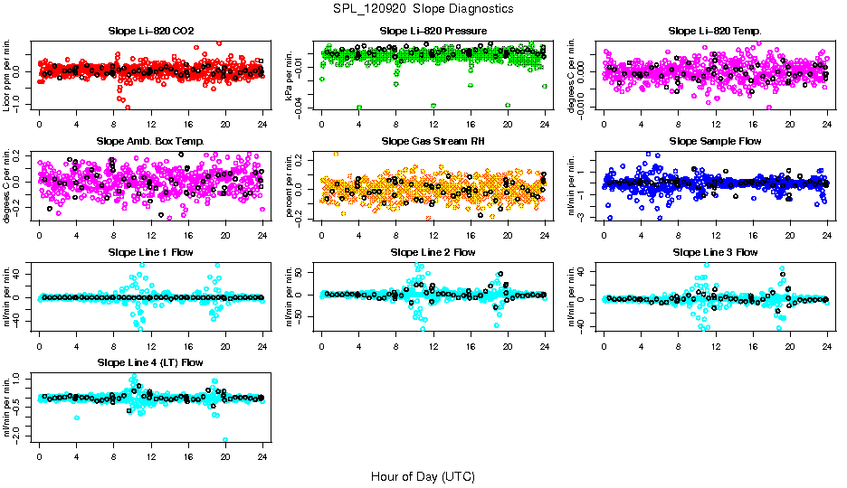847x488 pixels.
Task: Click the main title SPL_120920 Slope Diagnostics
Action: pos(423,8)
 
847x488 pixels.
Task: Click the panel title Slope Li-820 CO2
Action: pos(150,31)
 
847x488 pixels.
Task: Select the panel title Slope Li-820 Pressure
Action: pos(433,31)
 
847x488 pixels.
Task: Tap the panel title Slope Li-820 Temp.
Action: pos(715,31)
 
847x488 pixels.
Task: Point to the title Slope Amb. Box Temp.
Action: pos(150,141)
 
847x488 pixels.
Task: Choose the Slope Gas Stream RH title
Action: pos(433,141)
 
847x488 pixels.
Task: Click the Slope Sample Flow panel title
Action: pos(715,141)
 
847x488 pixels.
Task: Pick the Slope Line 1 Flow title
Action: pos(150,252)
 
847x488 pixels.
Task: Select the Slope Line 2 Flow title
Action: pos(433,252)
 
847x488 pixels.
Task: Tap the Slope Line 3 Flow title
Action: pos(715,252)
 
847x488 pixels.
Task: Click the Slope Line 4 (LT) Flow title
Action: pos(150,362)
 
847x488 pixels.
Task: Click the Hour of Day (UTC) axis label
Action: pos(423,475)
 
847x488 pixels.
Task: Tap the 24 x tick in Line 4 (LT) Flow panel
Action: pos(262,455)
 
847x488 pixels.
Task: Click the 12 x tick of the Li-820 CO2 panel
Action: pos(151,124)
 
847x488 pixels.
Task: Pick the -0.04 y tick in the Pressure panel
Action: pos(306,108)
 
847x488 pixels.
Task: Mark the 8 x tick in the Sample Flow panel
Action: pos(679,234)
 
